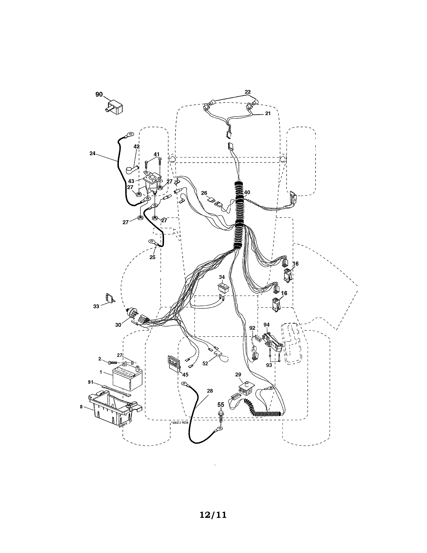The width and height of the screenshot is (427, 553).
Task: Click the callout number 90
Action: (99, 95)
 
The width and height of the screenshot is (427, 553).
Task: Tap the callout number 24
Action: (93, 153)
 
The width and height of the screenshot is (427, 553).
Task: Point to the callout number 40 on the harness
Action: (247, 192)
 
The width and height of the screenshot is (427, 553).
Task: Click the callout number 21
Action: (268, 113)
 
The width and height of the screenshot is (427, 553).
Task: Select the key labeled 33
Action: (110, 298)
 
